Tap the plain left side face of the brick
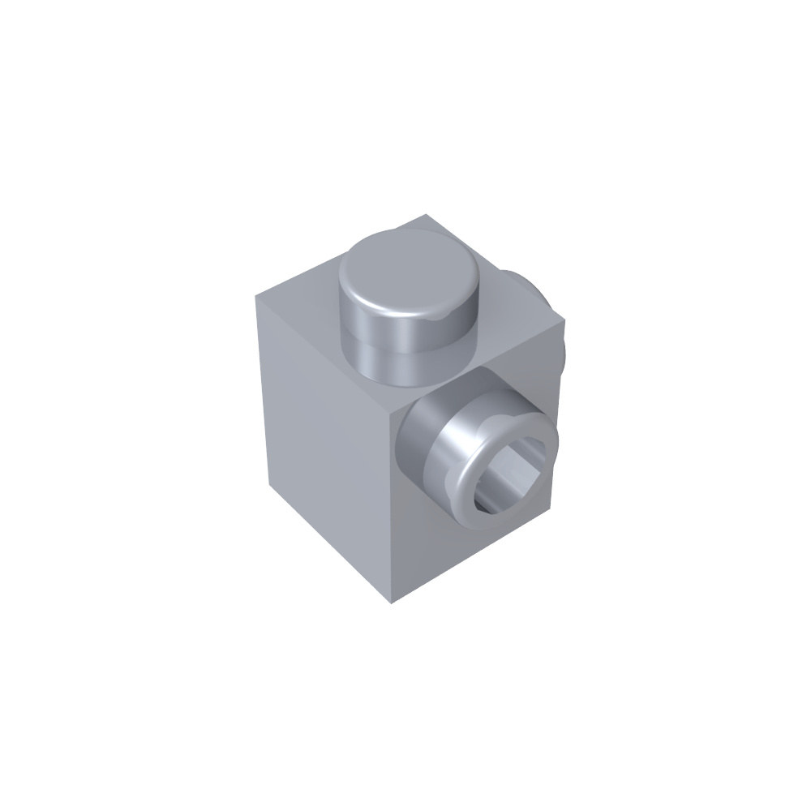tap(324, 438)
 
